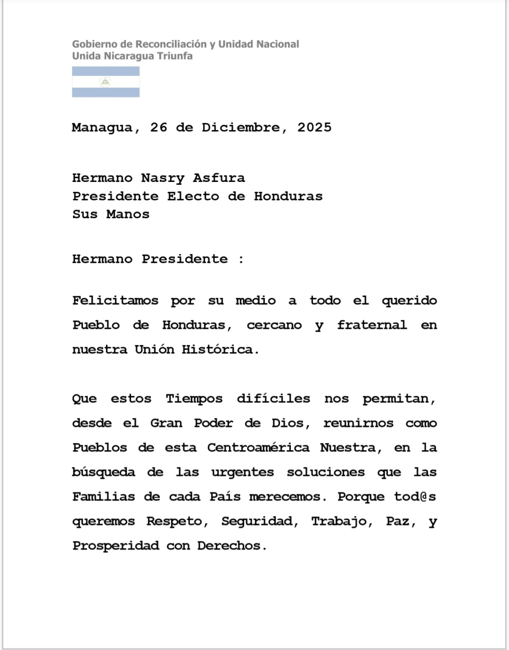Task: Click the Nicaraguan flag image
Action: (106, 82)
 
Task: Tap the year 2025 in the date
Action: (314, 128)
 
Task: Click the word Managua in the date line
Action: (102, 128)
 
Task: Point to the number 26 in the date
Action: (159, 128)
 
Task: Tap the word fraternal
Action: (371, 326)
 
